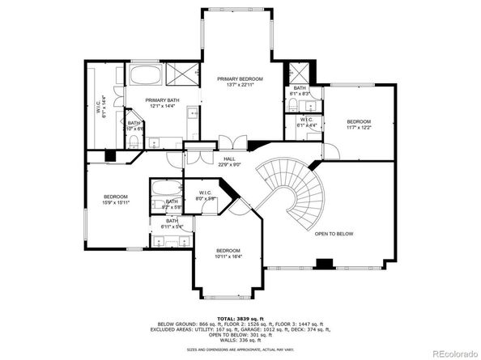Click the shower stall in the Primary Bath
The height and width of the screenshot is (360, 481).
coord(187,75)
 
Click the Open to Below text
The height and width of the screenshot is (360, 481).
coord(334,233)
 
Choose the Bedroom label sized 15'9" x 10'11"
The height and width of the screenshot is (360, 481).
coord(115,199)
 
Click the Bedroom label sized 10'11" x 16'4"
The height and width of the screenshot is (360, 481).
coord(228,253)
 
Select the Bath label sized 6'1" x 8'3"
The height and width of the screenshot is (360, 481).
coord(300,91)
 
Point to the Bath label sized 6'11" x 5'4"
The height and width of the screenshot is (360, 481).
coord(172,223)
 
